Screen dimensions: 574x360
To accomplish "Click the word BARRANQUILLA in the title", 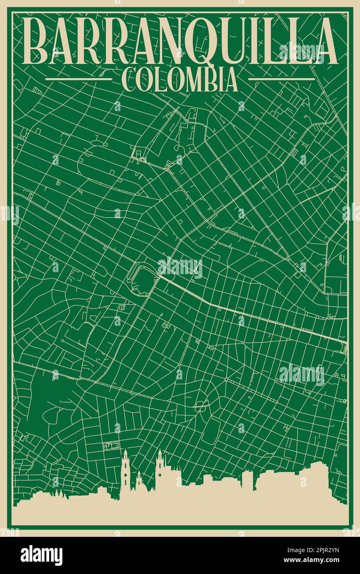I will (180, 41).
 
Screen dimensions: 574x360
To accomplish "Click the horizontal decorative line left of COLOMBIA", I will (78, 79).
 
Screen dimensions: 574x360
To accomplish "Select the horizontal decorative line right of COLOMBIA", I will (282, 79).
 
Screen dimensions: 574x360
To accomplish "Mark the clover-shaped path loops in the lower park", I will (201, 405).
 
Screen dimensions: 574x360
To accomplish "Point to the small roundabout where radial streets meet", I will (226, 379).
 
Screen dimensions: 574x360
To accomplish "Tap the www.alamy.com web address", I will (316, 560).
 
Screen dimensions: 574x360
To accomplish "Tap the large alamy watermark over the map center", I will (180, 268).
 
